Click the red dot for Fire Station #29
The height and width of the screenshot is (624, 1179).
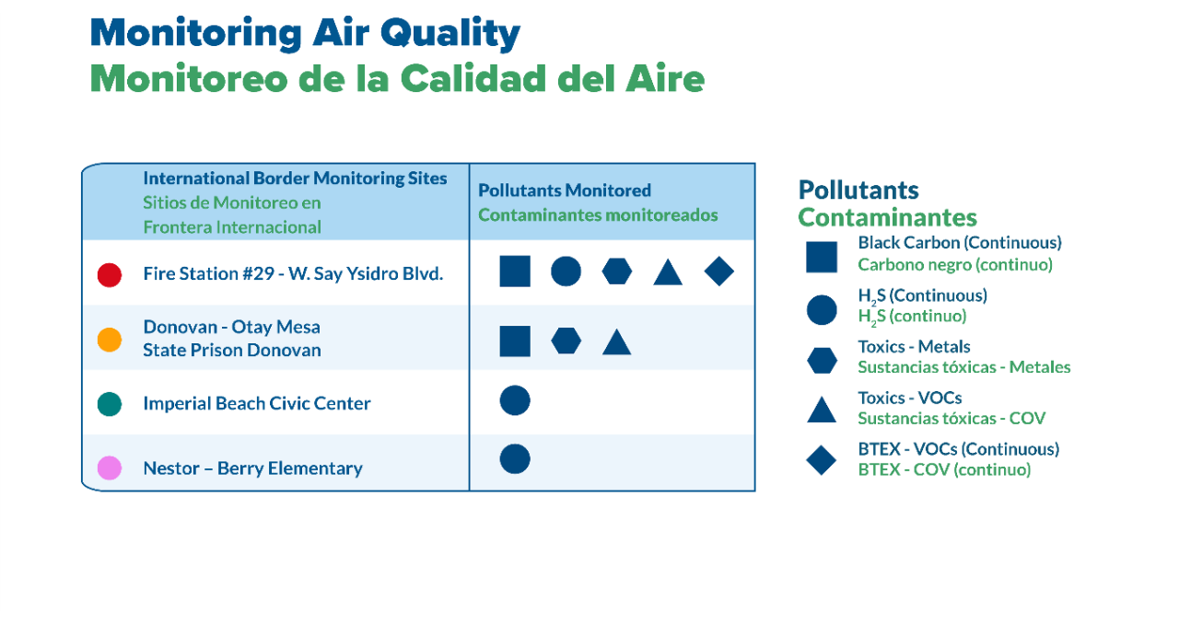[110, 274]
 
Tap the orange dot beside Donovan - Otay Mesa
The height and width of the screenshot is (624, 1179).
[110, 340]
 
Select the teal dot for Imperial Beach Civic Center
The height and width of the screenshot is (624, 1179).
[110, 404]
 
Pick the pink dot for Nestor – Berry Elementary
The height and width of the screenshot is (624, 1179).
[110, 468]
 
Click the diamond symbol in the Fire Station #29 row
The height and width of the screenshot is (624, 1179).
[718, 272]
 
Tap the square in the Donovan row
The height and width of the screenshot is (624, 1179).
[515, 341]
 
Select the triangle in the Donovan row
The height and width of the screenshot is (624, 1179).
[616, 342]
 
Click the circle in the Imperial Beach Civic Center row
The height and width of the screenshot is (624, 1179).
[515, 400]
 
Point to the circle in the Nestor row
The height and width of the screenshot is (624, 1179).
[515, 458]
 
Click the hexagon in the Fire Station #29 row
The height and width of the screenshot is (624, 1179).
[617, 272]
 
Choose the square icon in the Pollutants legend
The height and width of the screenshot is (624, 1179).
[822, 257]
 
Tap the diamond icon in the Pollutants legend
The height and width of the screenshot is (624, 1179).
[822, 460]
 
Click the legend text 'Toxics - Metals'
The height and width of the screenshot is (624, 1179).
[914, 347]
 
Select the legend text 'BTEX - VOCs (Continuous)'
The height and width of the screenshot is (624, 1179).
[958, 449]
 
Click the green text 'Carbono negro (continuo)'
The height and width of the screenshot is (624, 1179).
[954, 265]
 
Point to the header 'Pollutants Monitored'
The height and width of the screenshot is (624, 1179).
[565, 191]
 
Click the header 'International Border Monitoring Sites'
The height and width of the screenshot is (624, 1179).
[295, 179]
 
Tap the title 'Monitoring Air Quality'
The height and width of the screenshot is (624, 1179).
[305, 33]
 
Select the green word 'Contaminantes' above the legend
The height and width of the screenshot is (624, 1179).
[887, 217]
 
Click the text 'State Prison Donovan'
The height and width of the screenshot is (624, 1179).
[232, 351]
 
